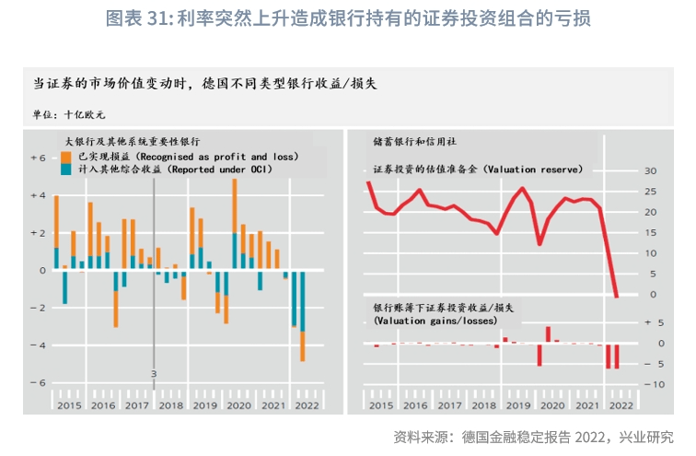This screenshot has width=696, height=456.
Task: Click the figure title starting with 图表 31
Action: (x=348, y=18)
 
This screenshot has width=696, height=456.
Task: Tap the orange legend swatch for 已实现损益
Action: (x=67, y=158)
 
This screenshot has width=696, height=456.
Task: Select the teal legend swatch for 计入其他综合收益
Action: (x=67, y=170)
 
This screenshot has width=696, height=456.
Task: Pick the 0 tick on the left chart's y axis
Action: (x=41, y=271)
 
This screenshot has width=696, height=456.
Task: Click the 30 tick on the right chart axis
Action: (x=650, y=171)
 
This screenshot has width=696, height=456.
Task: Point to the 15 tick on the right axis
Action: (x=650, y=233)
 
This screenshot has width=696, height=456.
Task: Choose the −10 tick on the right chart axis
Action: (x=648, y=384)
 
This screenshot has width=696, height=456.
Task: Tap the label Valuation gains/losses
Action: (x=435, y=321)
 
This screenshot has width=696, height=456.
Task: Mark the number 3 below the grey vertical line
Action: (x=154, y=374)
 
